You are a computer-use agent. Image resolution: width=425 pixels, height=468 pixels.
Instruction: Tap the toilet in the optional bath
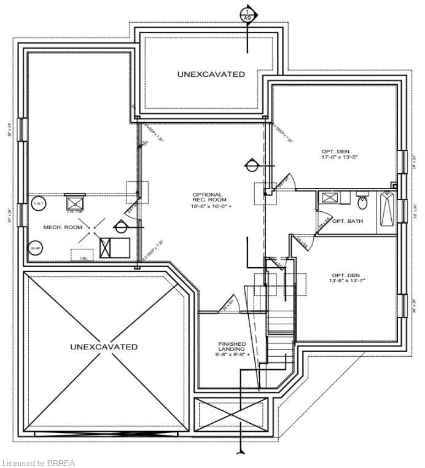tap(362, 199)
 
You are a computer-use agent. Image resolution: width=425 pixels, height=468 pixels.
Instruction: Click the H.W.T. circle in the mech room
tap(37, 204)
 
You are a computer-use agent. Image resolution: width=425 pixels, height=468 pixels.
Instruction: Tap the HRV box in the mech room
tap(82, 254)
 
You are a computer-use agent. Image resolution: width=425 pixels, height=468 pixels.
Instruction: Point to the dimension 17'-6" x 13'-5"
tap(338, 157)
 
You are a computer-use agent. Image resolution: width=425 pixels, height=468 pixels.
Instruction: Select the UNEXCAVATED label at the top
tap(211, 74)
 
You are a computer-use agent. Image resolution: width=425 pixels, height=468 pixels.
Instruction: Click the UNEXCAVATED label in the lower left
tap(104, 347)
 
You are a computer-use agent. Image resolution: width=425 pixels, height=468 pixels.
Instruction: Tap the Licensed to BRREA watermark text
tap(39, 462)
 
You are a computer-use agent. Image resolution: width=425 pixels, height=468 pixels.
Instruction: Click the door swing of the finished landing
tap(227, 303)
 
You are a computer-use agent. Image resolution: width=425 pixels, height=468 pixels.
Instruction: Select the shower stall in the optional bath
tap(329, 200)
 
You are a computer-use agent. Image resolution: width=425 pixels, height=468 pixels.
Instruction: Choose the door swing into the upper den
tap(286, 182)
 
